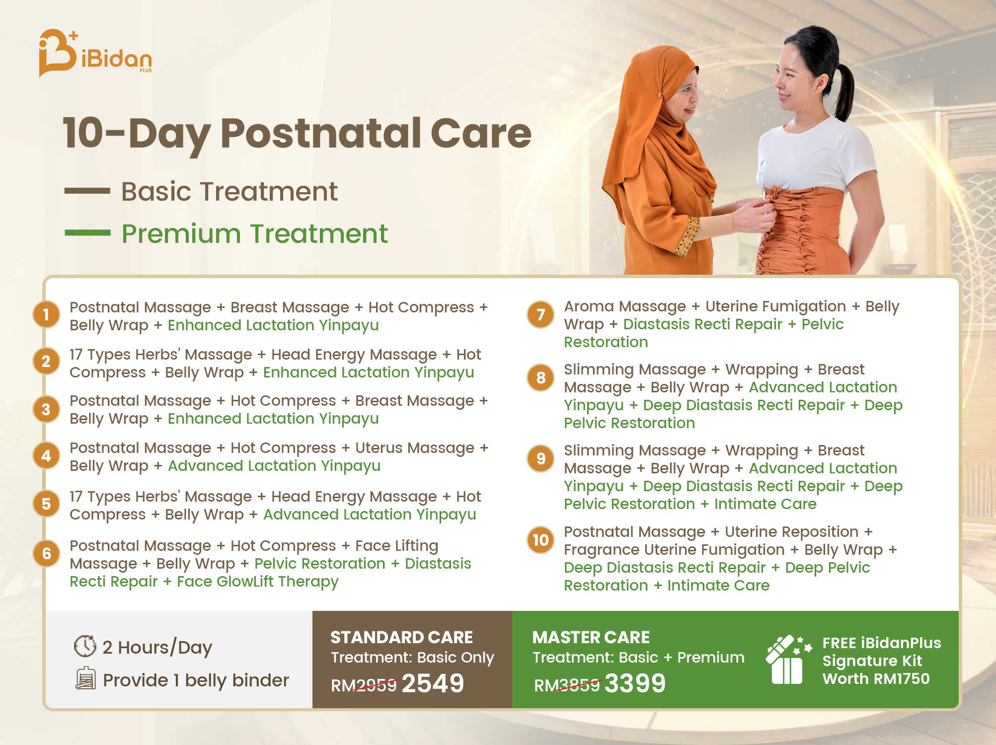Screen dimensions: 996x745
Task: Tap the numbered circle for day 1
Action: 46,314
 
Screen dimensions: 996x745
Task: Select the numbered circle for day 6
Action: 46,553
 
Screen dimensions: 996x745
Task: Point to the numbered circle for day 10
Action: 540,540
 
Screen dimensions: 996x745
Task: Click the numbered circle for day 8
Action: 540,378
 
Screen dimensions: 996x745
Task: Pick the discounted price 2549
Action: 433,683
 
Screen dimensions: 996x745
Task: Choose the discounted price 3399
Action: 635,683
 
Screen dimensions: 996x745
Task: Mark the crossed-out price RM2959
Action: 364,685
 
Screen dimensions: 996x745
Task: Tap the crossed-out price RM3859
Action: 567,685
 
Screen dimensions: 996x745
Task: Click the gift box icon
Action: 788,660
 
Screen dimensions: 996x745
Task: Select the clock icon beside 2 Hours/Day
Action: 85,646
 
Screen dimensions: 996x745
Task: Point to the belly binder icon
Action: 85,678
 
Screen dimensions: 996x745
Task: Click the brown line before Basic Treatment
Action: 87,191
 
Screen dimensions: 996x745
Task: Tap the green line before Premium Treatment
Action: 87,232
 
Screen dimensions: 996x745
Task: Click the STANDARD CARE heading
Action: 401,637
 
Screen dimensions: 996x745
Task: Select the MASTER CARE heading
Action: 591,637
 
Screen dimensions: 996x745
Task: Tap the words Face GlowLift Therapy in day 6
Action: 258,582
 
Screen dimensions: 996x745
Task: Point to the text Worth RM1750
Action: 876,678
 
